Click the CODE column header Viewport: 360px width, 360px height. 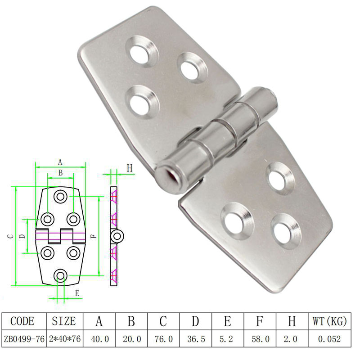[22, 321]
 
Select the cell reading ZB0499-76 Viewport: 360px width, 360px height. [24, 339]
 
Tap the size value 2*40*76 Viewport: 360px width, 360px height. [65, 339]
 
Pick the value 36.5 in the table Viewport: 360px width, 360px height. [196, 339]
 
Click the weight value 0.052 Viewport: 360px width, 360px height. [329, 339]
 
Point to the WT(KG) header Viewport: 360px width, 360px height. [329, 321]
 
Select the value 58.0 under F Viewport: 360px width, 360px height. [261, 339]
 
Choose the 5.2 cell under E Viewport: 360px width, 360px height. [226, 339]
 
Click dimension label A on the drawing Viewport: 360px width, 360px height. [60, 162]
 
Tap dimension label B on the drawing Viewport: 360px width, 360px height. [60, 173]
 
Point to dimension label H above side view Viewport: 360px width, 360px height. [130, 168]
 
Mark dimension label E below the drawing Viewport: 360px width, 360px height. [77, 293]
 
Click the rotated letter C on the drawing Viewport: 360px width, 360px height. [10, 236]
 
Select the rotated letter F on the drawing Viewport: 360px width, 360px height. [94, 236]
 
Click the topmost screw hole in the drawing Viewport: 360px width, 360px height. [60, 197]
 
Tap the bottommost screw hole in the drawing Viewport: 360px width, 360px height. [60, 275]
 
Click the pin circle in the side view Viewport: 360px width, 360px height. [117, 236]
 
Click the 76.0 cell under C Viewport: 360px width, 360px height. [163, 339]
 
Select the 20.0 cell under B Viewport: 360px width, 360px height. [132, 339]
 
